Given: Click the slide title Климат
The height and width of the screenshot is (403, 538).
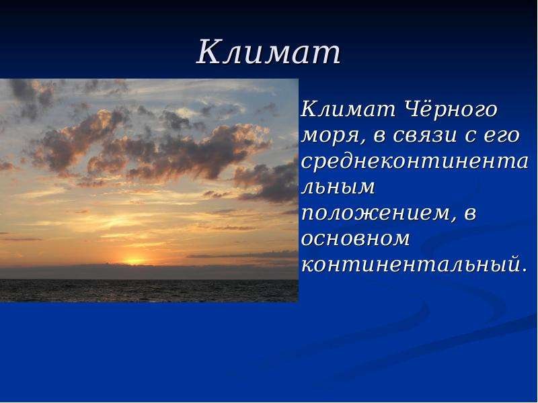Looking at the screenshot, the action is [268, 52].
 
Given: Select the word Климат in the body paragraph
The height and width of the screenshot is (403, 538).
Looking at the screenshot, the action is [348, 109].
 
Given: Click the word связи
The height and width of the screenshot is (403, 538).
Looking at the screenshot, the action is [424, 136].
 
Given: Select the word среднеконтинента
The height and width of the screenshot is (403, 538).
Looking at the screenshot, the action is [414, 162].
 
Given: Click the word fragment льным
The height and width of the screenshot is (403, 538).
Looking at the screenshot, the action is [338, 187].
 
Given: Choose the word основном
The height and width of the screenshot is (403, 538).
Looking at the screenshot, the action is [356, 239].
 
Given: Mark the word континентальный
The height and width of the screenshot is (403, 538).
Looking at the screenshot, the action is [410, 265].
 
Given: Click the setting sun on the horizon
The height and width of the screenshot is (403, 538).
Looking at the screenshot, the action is [133, 261].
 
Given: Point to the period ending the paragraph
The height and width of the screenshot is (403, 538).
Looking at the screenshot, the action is [524, 271].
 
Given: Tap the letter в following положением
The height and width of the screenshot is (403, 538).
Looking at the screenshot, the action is [470, 213].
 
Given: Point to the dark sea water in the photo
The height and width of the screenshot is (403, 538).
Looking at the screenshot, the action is [149, 291].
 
